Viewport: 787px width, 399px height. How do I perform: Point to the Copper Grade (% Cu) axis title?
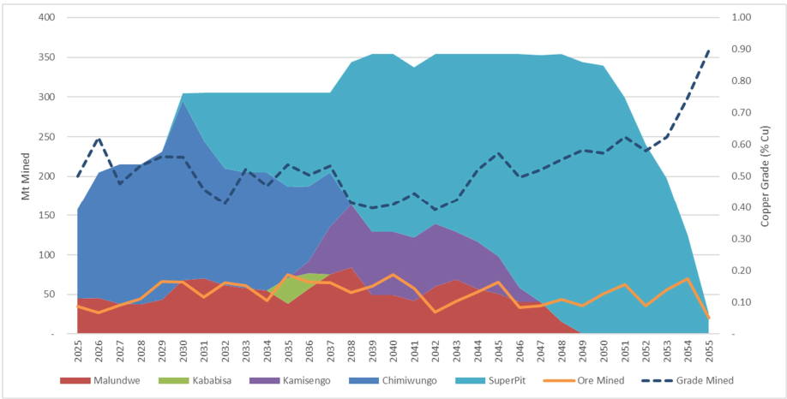(x=766, y=175)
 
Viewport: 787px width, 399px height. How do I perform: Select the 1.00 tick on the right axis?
(x=738, y=18)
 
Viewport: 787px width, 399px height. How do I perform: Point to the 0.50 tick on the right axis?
(x=738, y=176)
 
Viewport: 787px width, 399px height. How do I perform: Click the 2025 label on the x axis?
(x=78, y=349)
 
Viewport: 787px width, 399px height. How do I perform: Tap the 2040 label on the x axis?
(x=393, y=349)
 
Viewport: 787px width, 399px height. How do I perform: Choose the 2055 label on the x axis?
(x=709, y=349)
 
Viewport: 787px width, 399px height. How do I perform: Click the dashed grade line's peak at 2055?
(x=709, y=50)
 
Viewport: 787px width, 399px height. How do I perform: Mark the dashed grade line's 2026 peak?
(x=99, y=138)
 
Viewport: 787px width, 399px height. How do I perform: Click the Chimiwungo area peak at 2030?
(x=183, y=103)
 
